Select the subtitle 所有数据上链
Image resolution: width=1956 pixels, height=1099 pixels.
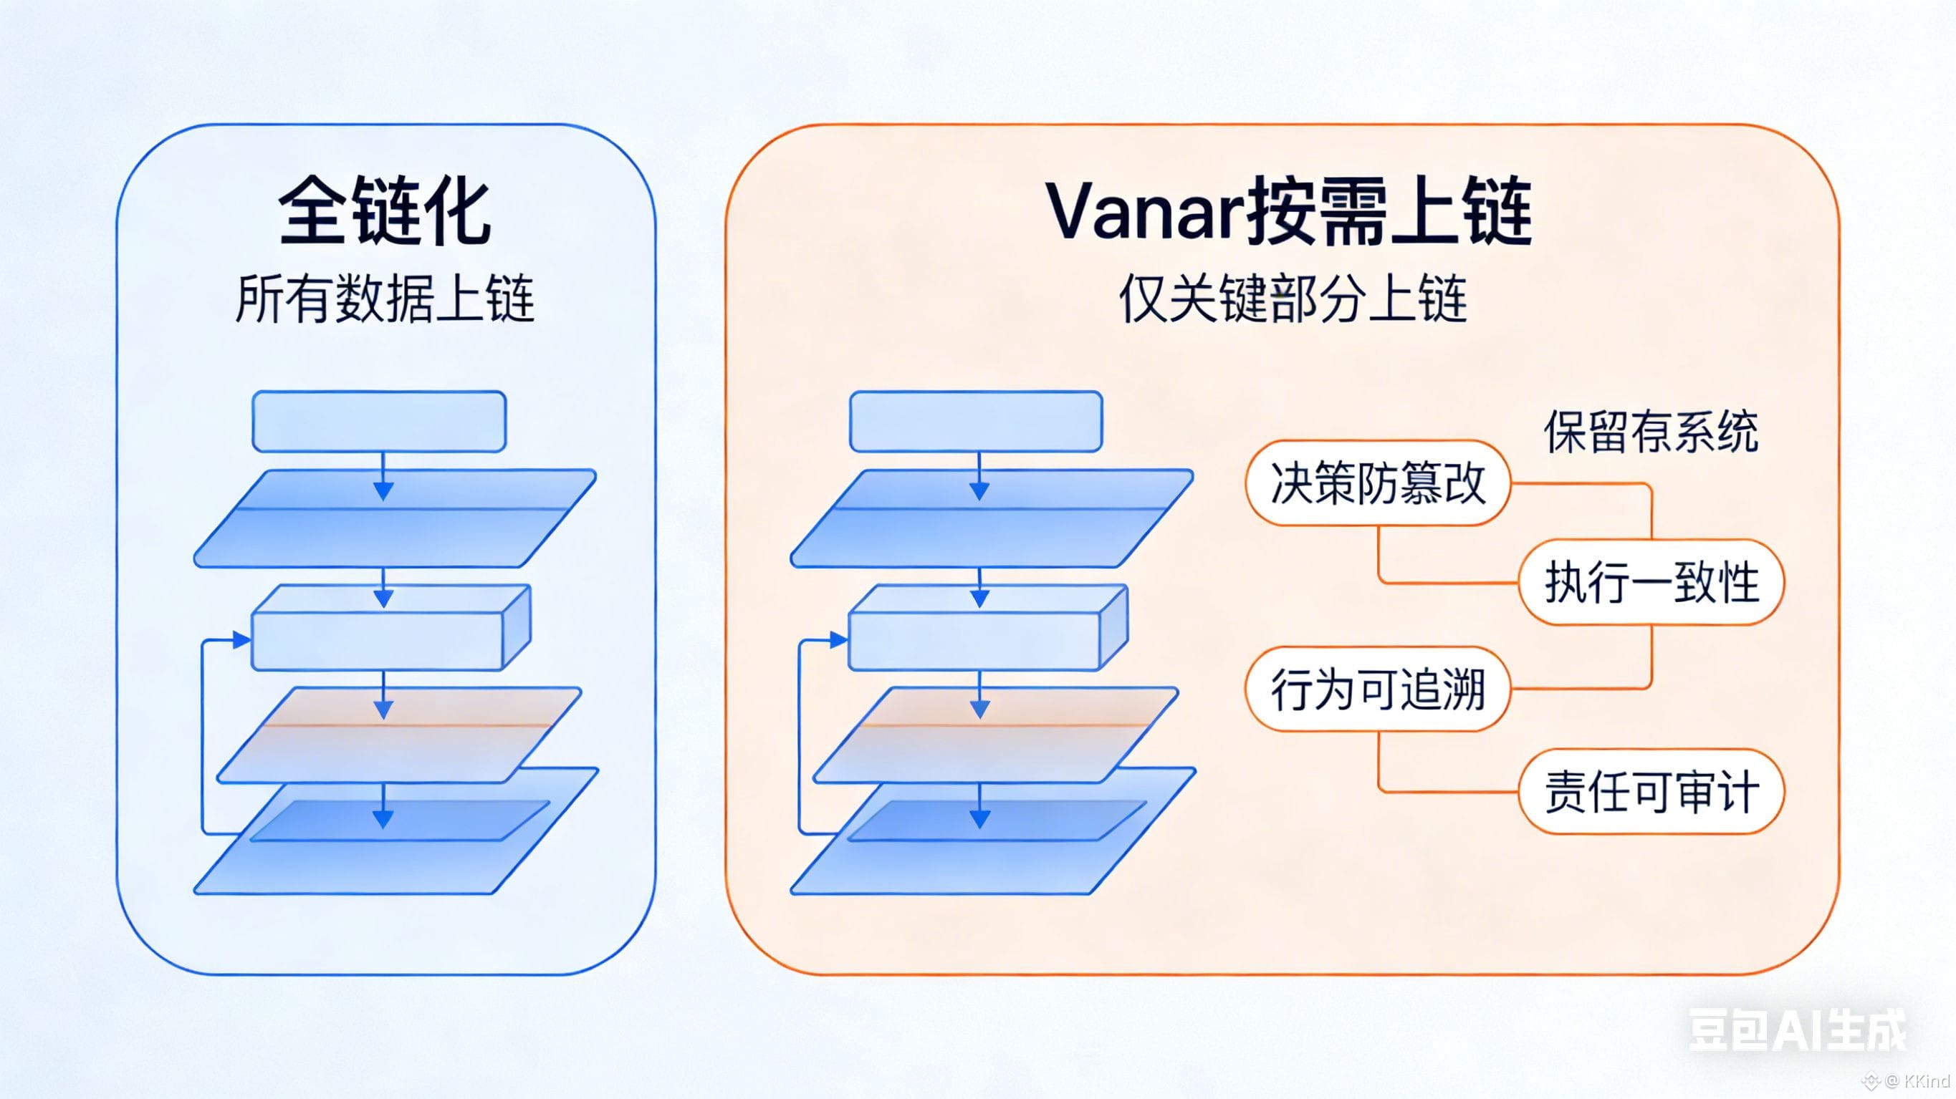tap(384, 299)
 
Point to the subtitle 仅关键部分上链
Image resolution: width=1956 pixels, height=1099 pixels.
tap(1293, 299)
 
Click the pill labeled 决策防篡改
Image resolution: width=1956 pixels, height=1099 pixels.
tap(1377, 483)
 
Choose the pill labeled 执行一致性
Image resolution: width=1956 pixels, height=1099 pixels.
tap(1651, 582)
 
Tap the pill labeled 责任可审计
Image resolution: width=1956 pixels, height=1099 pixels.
tap(1651, 792)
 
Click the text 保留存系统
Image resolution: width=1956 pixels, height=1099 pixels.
tap(1651, 432)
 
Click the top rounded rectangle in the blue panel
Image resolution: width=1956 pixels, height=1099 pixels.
tap(379, 421)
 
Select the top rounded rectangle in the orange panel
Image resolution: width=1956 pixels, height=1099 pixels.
tap(976, 421)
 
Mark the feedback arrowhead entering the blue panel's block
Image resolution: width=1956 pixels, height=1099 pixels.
tap(242, 641)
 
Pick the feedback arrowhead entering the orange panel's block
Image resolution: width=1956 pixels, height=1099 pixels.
tap(839, 641)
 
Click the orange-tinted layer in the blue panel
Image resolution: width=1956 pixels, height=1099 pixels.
tap(398, 735)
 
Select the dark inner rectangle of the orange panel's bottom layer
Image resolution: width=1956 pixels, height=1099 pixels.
tap(996, 820)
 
